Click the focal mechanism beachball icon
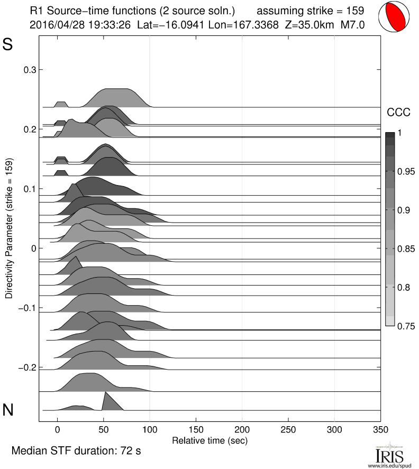point(396,17)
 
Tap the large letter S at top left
point(8,45)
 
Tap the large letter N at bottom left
point(8,410)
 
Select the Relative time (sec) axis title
point(210,440)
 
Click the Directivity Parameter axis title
point(9,228)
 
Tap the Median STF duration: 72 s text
point(76,452)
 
